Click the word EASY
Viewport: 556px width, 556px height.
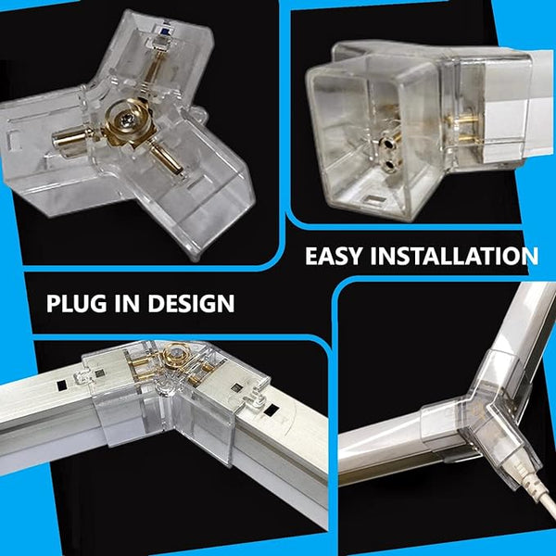tap(334, 256)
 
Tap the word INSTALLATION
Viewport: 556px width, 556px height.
tap(454, 256)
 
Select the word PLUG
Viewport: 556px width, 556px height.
tap(76, 303)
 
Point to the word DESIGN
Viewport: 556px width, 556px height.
tap(191, 303)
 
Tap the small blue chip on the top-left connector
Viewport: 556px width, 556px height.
tap(166, 32)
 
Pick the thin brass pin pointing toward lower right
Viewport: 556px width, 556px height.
tap(166, 160)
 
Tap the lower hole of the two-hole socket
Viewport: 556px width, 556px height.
tap(389, 164)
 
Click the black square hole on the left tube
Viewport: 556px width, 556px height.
tap(62, 385)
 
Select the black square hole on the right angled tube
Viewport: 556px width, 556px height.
tap(272, 411)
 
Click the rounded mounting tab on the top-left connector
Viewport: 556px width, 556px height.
tap(198, 115)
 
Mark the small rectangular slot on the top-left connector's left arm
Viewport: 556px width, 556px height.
tap(13, 136)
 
